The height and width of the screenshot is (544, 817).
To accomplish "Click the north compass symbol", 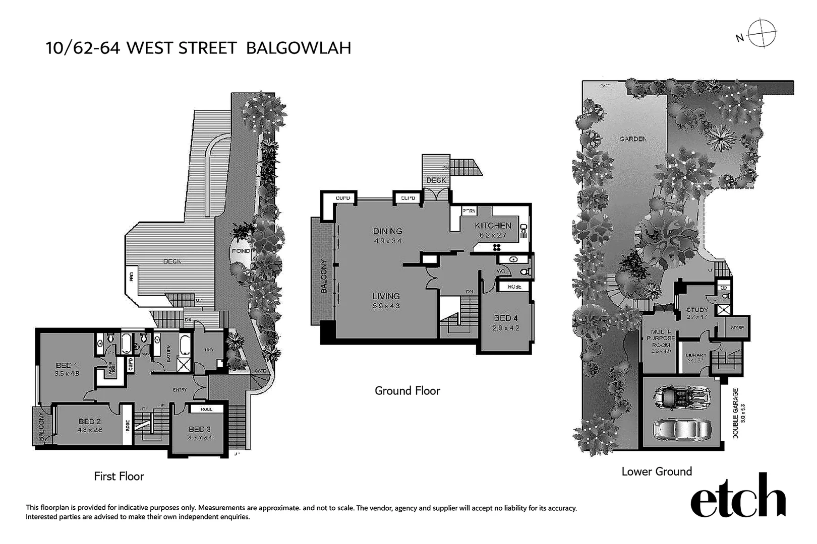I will (x=762, y=34).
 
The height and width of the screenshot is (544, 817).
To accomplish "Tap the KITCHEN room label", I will (x=493, y=226).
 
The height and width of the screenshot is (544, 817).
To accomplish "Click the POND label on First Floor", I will (x=240, y=251).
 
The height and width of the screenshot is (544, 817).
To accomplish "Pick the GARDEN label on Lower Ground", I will (x=632, y=139).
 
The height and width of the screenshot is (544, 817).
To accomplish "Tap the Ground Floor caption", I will (x=407, y=390).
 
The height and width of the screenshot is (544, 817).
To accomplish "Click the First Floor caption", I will (x=119, y=476).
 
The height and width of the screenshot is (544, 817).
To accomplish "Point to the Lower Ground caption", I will (x=657, y=471).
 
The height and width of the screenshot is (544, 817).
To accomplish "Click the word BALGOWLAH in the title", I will (x=299, y=48).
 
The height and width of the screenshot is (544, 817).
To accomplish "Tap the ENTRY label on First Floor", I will (x=180, y=389).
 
